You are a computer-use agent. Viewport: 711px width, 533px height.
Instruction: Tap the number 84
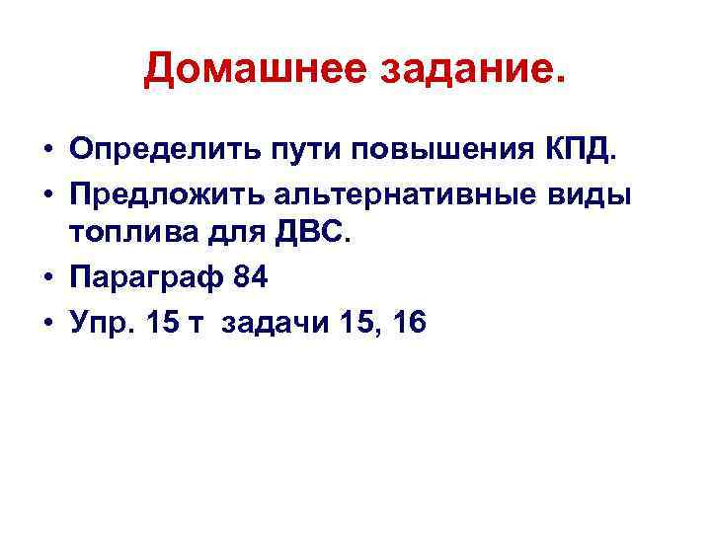pyautogui.click(x=250, y=278)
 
